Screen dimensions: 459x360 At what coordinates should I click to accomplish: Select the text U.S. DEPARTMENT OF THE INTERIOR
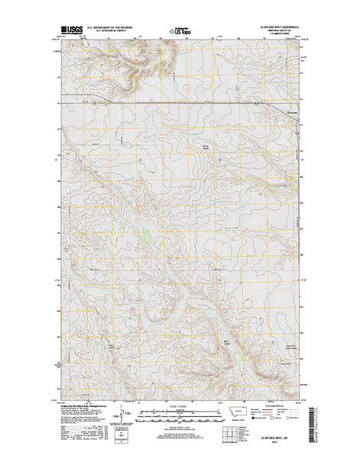click(x=111, y=26)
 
